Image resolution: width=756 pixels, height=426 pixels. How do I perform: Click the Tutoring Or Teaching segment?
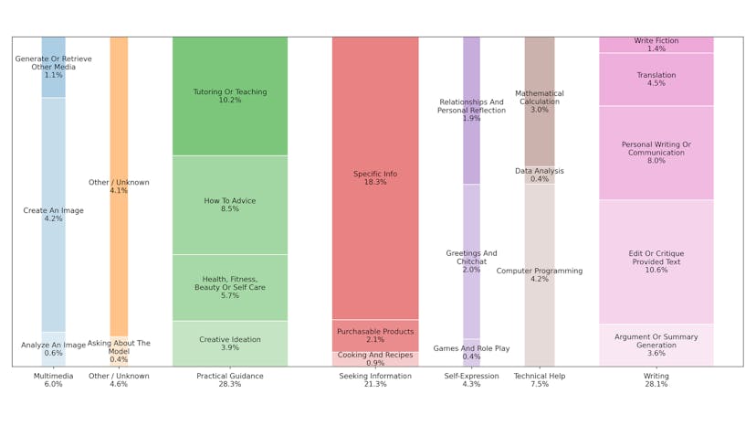tap(229, 96)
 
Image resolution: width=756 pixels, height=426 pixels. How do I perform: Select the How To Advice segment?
tap(229, 205)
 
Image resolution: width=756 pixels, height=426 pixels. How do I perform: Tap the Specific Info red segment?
tap(375, 177)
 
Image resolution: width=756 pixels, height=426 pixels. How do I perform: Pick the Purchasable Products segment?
tap(375, 335)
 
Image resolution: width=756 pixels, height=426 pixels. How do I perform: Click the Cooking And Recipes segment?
tap(375, 359)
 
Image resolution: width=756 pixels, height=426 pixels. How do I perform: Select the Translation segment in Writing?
tap(656, 80)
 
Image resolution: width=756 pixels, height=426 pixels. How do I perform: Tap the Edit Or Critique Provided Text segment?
tap(656, 261)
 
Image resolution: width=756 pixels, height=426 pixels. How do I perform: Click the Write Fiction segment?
tap(656, 44)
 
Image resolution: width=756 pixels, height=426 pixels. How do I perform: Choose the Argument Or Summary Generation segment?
tap(656, 345)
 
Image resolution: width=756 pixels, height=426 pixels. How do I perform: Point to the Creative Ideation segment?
tap(229, 344)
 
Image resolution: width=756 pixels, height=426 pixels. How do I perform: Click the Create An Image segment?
tap(53, 215)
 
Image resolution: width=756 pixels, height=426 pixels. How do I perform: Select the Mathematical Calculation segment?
tap(539, 101)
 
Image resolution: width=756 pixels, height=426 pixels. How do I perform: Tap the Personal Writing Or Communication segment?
tap(656, 153)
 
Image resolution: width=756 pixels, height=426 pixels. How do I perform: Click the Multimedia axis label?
tap(53, 380)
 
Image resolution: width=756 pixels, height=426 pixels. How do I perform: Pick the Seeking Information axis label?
tap(375, 380)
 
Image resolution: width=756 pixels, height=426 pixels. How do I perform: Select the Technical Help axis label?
tap(539, 380)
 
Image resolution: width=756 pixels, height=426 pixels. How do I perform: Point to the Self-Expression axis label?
tap(471, 380)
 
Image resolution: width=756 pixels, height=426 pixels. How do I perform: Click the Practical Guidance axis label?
tap(229, 380)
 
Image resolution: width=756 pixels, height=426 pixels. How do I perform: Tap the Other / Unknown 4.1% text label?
tap(119, 186)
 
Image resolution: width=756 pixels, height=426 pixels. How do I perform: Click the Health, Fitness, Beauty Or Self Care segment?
tap(229, 287)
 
